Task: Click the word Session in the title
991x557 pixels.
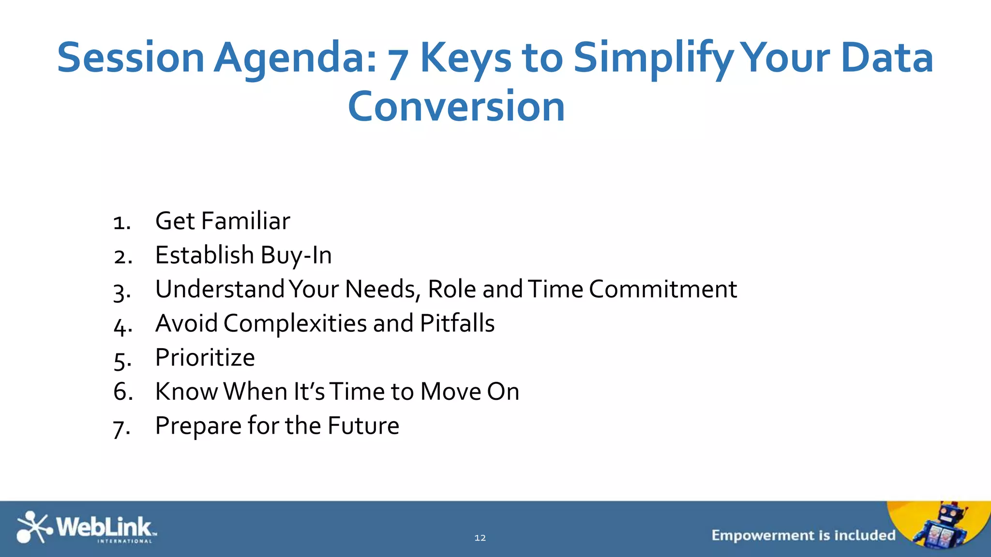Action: point(131,58)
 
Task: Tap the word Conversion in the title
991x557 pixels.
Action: point(456,107)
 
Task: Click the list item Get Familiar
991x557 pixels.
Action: point(223,221)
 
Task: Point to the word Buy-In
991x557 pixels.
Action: point(296,256)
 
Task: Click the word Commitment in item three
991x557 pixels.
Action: point(663,289)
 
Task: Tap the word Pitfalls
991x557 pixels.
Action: point(457,323)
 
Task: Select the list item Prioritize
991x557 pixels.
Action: point(205,358)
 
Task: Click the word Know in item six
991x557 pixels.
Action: point(186,392)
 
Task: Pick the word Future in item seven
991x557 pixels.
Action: point(363,426)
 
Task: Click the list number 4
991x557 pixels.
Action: point(122,325)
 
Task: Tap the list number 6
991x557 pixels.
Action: point(122,392)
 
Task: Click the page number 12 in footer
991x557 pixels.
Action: point(480,538)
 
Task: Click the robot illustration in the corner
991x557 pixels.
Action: point(944,527)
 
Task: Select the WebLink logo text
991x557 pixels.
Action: point(104,527)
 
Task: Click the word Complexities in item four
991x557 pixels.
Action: point(295,323)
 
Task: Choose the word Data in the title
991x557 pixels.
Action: point(887,58)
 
